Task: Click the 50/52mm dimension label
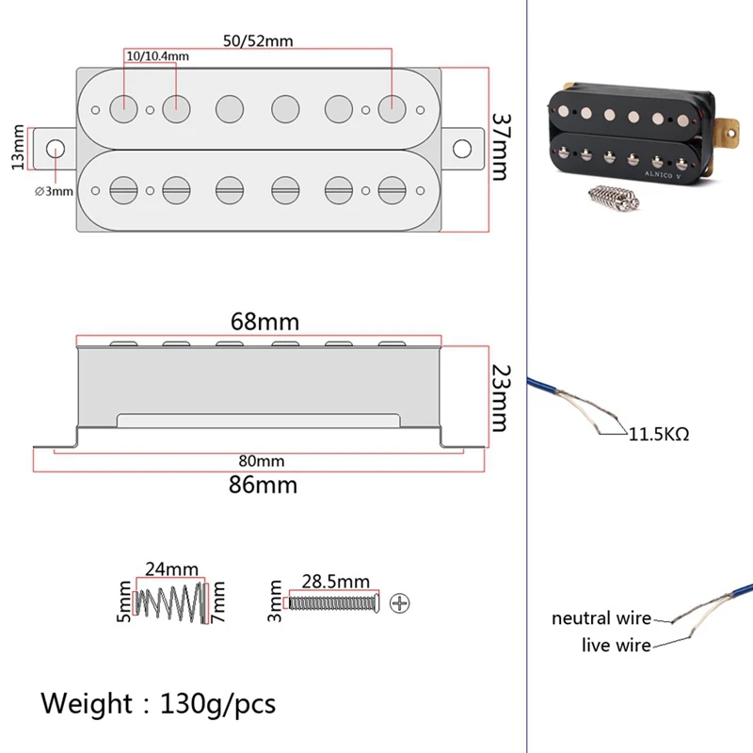[257, 42]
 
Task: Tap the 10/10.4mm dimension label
[156, 56]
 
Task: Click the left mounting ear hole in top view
[56, 148]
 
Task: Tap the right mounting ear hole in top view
[462, 149]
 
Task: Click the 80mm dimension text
[261, 461]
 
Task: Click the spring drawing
[171, 602]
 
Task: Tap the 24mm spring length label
[170, 570]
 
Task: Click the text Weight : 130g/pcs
[158, 703]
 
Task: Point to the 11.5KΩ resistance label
[659, 435]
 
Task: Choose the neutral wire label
[601, 618]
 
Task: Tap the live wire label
[617, 645]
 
